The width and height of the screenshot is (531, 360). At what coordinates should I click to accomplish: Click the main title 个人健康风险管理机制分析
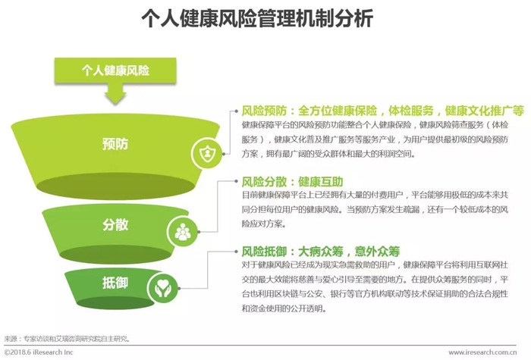257,18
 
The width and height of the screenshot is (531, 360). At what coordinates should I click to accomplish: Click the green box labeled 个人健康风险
115,70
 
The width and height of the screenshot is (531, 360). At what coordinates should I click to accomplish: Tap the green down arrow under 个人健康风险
115,93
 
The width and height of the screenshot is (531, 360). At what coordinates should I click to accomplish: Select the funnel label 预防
115,144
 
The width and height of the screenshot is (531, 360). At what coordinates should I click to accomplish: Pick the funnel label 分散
115,224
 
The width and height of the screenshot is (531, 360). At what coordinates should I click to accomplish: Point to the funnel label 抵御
115,283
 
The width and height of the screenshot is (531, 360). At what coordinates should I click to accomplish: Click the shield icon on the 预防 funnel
207,154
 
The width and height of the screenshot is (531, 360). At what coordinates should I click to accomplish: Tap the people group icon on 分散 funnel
183,232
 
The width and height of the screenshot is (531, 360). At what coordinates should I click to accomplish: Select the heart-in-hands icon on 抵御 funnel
163,288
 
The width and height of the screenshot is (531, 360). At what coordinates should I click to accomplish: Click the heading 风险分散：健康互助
292,182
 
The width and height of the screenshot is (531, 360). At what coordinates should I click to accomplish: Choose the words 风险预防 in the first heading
264,111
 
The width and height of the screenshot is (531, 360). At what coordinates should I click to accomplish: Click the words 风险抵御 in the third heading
264,252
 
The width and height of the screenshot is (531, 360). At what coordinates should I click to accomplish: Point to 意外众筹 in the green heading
377,252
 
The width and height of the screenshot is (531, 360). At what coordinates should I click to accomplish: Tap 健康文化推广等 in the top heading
485,111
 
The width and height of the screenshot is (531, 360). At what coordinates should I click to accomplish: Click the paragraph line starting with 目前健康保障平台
375,195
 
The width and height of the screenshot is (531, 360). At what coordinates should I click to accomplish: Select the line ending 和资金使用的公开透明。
284,308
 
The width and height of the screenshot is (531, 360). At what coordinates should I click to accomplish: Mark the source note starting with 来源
67,338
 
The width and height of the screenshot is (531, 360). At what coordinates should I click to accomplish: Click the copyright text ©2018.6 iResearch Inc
39,352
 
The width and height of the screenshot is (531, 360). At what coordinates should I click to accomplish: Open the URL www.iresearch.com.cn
482,352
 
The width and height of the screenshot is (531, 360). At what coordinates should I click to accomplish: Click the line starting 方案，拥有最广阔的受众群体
328,154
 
